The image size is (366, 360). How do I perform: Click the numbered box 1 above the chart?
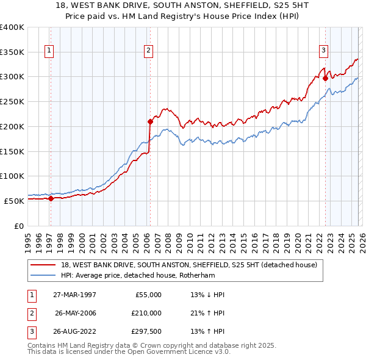pos(49,51)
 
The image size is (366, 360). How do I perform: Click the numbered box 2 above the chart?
pos(148,51)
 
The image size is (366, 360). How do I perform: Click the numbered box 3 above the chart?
pos(323,51)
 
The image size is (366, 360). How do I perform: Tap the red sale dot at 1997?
pos(51,198)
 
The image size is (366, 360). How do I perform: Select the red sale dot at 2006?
pos(150,121)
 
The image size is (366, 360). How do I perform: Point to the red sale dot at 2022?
pos(325,78)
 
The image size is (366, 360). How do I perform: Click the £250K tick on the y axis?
pos(12,101)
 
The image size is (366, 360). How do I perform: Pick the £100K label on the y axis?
pos(12,176)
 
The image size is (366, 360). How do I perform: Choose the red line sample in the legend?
pos(43,265)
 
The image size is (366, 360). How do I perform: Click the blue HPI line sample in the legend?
pos(43,276)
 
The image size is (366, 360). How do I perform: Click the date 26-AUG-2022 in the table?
pos(73,332)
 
